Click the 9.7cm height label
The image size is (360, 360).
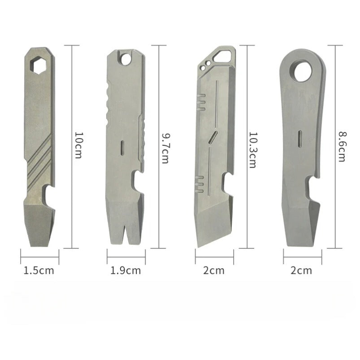(165, 147)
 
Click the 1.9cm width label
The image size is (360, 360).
(126, 270)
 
